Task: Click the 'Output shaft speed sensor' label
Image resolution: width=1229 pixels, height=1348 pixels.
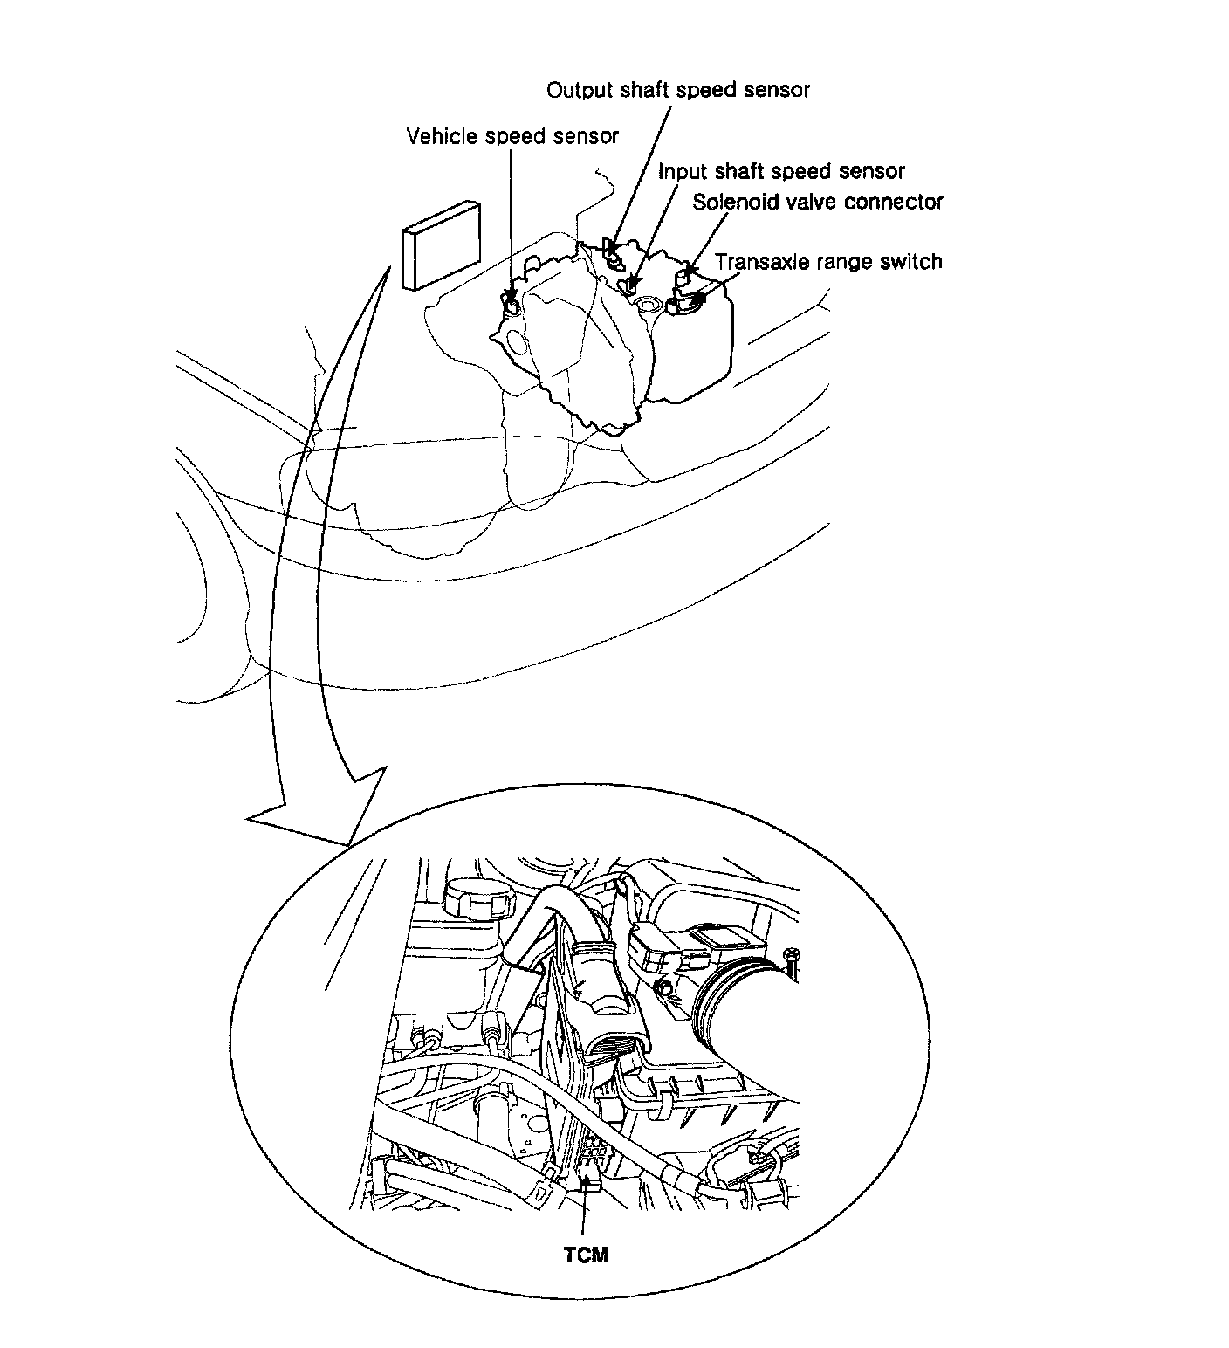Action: click(677, 90)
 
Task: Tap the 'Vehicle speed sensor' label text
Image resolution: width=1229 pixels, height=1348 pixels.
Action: click(512, 136)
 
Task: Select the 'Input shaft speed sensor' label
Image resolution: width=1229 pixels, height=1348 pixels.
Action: click(781, 170)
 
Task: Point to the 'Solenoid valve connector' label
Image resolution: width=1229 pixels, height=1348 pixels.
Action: click(818, 202)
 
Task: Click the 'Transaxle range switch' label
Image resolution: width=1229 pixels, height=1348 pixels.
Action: click(828, 261)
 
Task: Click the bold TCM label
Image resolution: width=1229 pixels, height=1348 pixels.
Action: click(585, 1255)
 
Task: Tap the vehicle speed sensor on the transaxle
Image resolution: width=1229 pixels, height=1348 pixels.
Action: click(512, 303)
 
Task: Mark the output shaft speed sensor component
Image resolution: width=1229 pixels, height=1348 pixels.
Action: click(614, 254)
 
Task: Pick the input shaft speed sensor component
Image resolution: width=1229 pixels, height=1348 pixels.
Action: click(633, 284)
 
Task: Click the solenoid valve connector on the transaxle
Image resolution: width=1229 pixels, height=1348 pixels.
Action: click(685, 276)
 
